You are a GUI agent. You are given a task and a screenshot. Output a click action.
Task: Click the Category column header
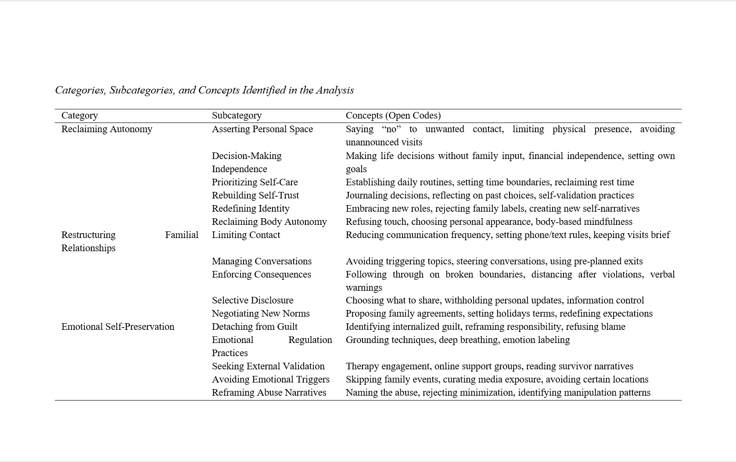click(79, 115)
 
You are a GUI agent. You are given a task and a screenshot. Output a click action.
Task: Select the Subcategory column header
click(237, 115)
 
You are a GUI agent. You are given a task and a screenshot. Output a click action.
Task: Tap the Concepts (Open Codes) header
click(393, 115)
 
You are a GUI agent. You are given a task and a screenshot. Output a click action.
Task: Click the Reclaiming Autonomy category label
click(107, 129)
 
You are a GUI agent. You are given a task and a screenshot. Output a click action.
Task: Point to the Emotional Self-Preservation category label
click(118, 327)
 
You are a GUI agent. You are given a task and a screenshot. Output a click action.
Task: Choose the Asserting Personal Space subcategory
click(262, 129)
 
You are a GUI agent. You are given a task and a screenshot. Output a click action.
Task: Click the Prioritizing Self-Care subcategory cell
click(255, 182)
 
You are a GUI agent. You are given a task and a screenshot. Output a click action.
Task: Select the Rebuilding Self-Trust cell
click(255, 195)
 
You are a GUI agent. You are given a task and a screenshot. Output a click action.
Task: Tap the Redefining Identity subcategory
click(251, 209)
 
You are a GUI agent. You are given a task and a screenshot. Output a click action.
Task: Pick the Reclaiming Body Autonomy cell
click(269, 222)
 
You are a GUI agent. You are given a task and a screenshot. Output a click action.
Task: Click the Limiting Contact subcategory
click(246, 235)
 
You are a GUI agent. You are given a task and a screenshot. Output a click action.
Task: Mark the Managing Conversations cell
click(262, 261)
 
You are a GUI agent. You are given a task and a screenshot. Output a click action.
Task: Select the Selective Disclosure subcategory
click(252, 300)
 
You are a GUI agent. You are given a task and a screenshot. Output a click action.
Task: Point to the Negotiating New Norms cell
click(261, 314)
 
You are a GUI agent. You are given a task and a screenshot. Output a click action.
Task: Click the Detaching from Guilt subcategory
click(255, 327)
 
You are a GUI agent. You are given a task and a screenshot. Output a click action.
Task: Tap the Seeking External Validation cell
click(268, 366)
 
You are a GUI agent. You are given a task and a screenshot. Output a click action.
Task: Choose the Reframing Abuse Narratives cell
click(269, 393)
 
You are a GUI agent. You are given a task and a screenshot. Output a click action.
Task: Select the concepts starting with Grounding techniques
click(457, 340)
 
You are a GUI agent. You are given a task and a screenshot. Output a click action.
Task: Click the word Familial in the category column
click(182, 235)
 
